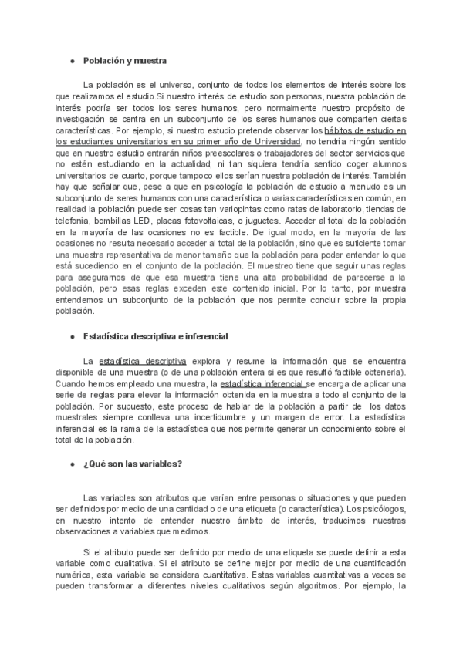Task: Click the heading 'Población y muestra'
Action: pyautogui.click(x=125, y=59)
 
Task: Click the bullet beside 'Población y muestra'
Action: pyautogui.click(x=72, y=59)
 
